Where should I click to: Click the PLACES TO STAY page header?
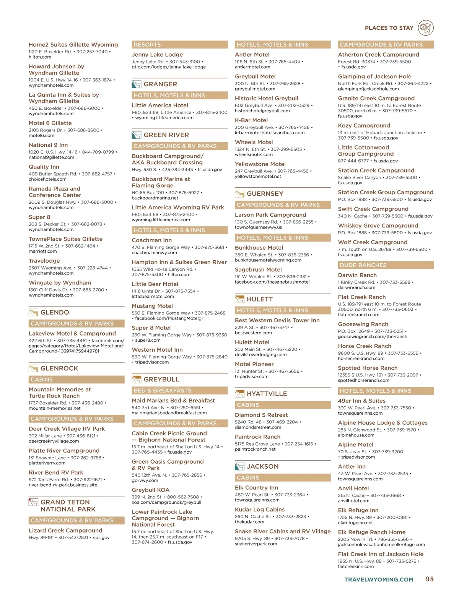coord(389,28)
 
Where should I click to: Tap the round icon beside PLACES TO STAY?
coord(426,28)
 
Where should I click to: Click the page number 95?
coord(430,579)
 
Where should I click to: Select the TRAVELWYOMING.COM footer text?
coord(379,579)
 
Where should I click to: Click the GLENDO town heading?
coord(55,313)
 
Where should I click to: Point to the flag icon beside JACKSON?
coord(239,466)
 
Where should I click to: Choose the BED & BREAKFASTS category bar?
coord(162,391)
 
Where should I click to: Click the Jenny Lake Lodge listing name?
coord(157,55)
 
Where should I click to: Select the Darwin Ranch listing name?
coord(357,275)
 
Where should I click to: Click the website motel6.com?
coord(41,135)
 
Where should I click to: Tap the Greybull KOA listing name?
coord(150,490)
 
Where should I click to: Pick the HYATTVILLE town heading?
coord(267,394)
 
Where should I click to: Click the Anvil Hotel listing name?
coord(353,488)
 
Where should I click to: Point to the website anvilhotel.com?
coord(353,501)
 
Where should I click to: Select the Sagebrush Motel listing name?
coord(258,269)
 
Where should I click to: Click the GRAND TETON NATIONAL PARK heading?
coord(68,506)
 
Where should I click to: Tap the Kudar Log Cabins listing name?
coord(260,510)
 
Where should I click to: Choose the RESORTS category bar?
coord(147,45)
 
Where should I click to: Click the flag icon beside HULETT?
coord(239,299)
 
